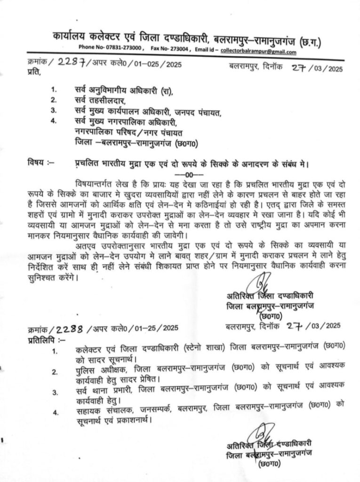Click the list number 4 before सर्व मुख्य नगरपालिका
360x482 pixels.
pos(54,121)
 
